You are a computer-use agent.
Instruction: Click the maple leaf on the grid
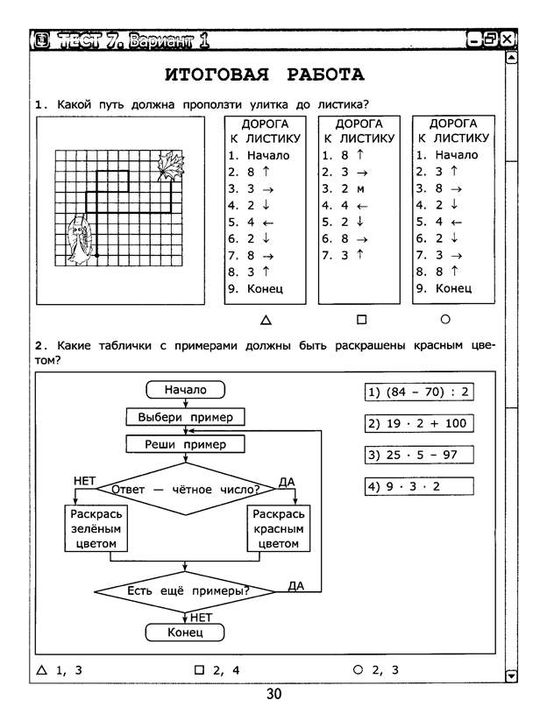(170, 166)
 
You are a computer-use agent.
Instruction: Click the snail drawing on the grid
(80, 240)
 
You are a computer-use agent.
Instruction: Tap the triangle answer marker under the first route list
(266, 320)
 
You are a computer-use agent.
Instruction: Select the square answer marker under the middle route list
(361, 320)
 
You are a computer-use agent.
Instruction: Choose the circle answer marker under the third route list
(445, 319)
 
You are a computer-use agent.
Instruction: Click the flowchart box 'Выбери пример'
(186, 417)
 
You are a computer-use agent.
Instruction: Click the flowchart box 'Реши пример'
(186, 444)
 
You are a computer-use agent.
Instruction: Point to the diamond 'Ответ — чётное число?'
(186, 489)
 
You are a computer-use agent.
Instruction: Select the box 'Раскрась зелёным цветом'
(96, 528)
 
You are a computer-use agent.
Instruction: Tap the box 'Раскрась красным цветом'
(279, 528)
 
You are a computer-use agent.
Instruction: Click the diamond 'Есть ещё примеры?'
(185, 591)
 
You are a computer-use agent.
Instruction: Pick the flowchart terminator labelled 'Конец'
(185, 633)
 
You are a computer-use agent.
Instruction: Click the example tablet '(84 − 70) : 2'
(419, 392)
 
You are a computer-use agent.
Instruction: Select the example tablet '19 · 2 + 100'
(419, 423)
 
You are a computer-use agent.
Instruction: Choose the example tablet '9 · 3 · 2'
(419, 486)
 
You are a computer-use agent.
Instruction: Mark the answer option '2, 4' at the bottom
(217, 670)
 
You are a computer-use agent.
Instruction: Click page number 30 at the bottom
(273, 694)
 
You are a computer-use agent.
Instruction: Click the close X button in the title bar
(507, 39)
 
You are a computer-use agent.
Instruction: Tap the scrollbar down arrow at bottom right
(511, 676)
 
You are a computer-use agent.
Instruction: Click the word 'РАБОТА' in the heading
(325, 74)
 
